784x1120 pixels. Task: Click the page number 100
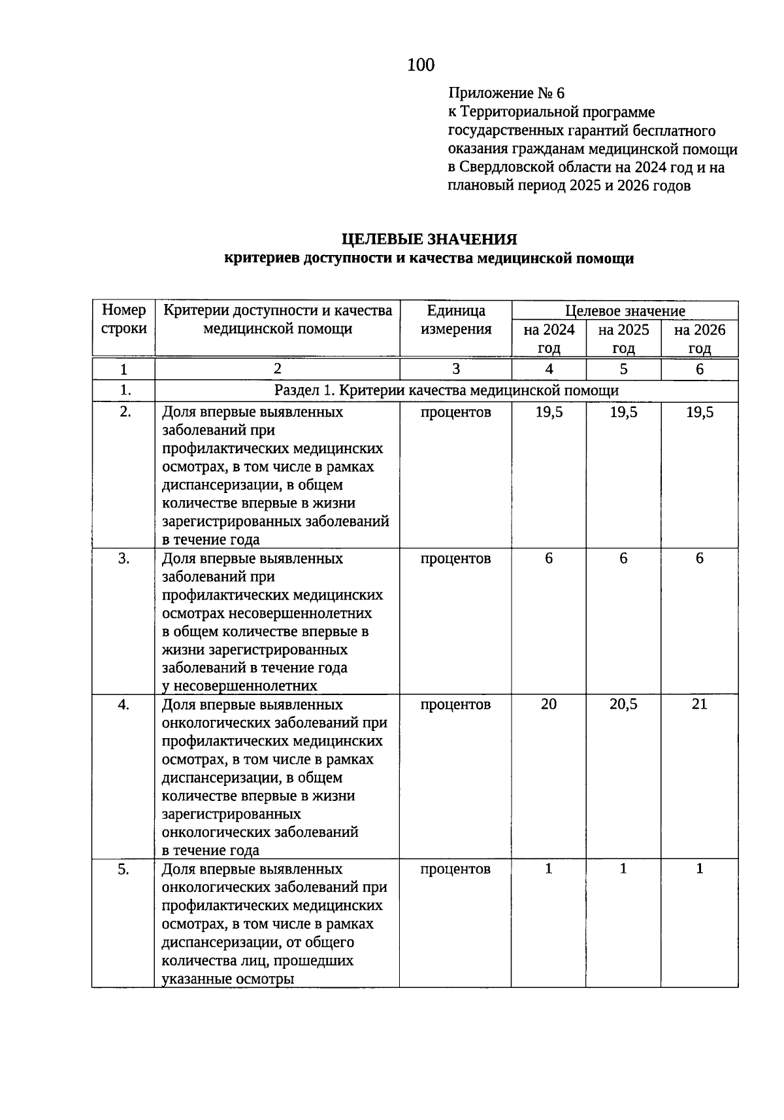tap(420, 65)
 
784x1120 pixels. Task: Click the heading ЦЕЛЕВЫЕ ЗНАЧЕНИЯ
tap(429, 239)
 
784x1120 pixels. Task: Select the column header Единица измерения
tap(455, 320)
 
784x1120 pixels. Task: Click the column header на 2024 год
tap(549, 339)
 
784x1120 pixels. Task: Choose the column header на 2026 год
tap(699, 339)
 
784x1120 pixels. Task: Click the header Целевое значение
tap(625, 311)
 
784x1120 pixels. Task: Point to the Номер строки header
tap(123, 320)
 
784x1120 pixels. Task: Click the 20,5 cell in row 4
tap(623, 704)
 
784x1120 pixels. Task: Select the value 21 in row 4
tap(699, 704)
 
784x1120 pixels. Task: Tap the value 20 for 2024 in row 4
tap(549, 704)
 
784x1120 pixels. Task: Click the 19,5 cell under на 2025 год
tap(623, 412)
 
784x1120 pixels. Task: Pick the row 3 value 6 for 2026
tap(699, 558)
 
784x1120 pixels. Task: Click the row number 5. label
tap(123, 869)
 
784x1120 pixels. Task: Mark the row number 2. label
tap(123, 412)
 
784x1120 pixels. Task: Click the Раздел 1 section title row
tap(446, 391)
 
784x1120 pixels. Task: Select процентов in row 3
tap(455, 558)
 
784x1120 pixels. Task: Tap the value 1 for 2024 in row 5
tap(549, 868)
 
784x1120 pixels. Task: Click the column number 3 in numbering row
tap(455, 369)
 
